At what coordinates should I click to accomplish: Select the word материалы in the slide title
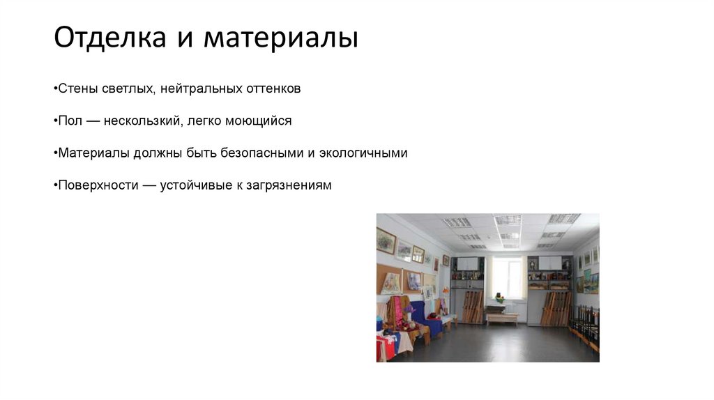280,38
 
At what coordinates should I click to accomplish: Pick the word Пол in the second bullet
69,121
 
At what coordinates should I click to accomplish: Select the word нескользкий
143,121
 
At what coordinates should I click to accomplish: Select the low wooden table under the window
502,318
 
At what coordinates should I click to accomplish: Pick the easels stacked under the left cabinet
472,307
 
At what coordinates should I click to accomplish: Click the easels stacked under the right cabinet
554,307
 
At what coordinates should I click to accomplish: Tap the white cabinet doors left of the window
467,263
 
